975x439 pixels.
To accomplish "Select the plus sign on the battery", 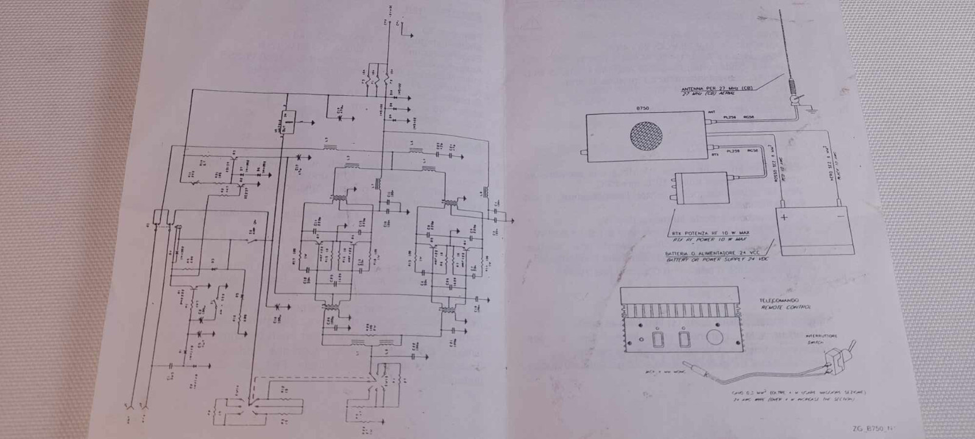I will pyautogui.click(x=785, y=217).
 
